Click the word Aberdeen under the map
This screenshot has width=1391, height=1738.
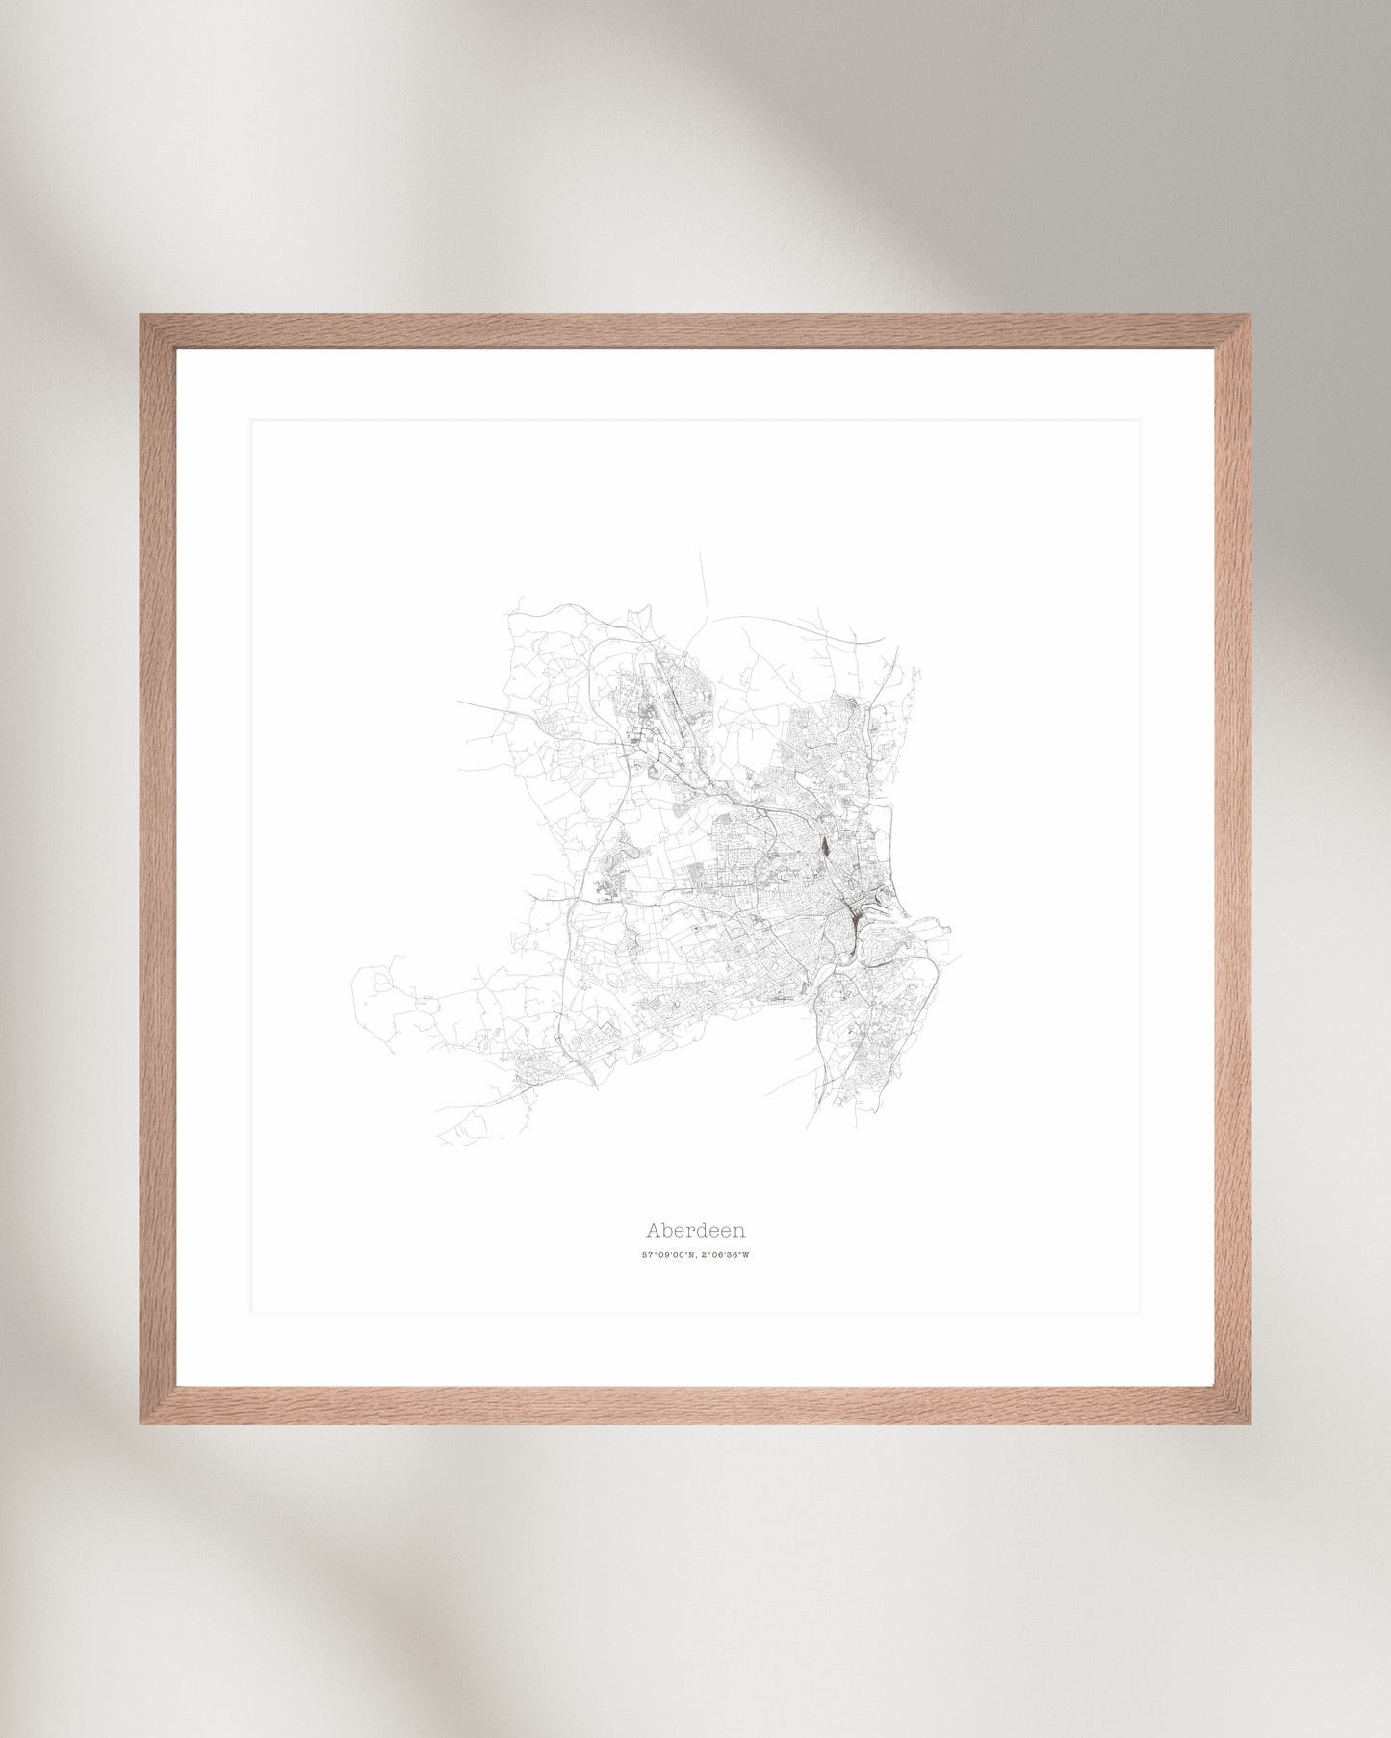695,1230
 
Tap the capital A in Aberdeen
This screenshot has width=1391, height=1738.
653,1230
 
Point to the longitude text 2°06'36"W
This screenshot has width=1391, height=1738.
725,1255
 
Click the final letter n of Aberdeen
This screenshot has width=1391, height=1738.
739,1231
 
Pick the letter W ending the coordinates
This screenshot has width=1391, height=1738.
745,1255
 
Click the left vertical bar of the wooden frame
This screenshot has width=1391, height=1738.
158,866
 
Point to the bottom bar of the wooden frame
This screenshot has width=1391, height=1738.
695,1405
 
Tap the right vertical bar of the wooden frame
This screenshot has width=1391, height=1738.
1233,866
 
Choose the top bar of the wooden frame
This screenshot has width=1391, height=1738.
695,331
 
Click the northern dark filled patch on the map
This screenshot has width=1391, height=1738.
826,846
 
